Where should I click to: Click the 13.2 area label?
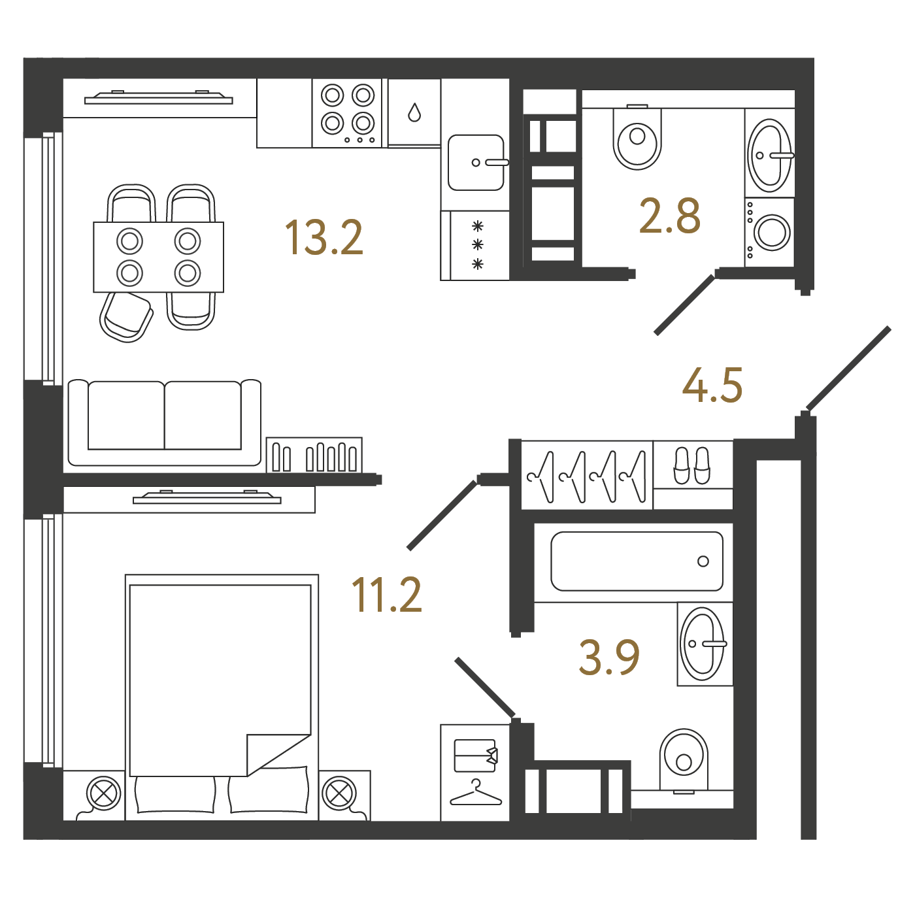(x=324, y=238)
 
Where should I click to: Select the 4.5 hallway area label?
(x=712, y=386)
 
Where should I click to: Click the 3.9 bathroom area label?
(x=609, y=657)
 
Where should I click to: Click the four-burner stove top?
(x=347, y=113)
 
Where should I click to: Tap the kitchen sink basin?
(x=476, y=163)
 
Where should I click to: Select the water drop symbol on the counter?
(x=414, y=112)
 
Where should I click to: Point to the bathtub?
(x=637, y=561)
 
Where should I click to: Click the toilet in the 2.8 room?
(x=637, y=137)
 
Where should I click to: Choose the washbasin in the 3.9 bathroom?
(x=702, y=644)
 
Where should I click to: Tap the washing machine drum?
(x=771, y=233)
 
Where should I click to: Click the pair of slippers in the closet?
(x=691, y=465)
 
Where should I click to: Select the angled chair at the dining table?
(x=126, y=318)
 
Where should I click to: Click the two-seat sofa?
(x=164, y=423)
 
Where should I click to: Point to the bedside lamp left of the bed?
(x=103, y=793)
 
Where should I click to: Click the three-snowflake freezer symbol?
(x=477, y=246)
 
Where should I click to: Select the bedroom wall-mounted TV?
(x=207, y=498)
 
